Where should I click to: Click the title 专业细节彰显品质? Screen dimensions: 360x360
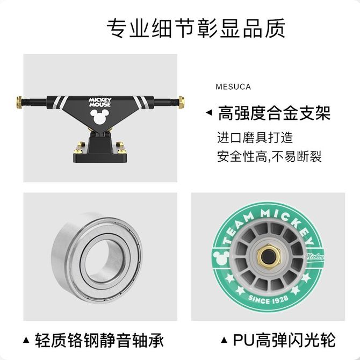tap(196, 28)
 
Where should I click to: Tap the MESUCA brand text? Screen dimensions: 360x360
tap(233, 87)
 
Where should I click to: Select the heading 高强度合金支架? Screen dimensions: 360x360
tap(274, 113)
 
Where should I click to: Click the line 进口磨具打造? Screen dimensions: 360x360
tap(255, 138)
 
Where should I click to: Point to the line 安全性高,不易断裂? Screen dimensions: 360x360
tap(269, 156)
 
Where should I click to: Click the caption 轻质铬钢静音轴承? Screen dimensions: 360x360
tap(99, 340)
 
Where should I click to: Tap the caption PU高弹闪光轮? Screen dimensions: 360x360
tap(284, 340)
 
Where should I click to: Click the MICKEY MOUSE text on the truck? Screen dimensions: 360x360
tap(100, 103)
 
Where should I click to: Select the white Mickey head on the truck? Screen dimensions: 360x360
tap(99, 116)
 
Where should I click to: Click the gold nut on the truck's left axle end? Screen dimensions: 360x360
tap(19, 102)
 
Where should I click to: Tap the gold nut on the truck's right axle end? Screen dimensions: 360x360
tap(182, 102)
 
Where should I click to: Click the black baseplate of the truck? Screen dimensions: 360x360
tap(100, 157)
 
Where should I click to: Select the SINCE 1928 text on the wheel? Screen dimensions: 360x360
tap(268, 299)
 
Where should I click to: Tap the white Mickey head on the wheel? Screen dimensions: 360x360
tap(221, 257)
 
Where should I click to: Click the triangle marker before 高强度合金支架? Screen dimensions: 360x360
tap(209, 113)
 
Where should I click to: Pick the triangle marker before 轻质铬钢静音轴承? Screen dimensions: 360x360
tap(26, 340)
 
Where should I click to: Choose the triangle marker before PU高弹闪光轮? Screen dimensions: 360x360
tap(224, 340)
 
